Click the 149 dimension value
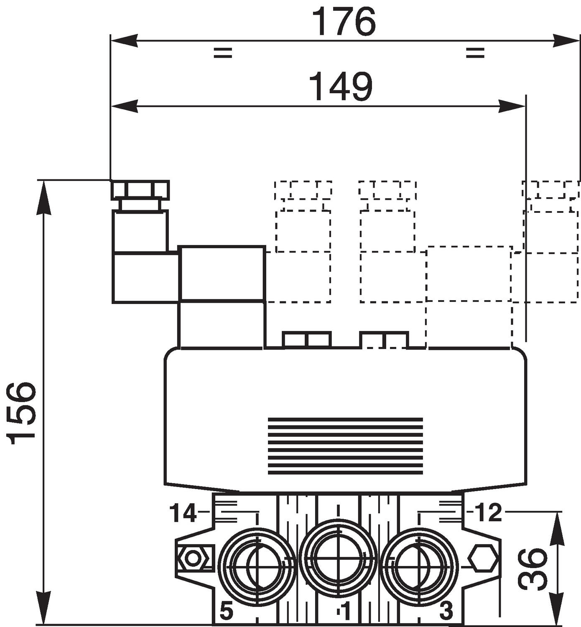pos(341,87)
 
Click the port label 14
pos(183,513)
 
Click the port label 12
pos(488,513)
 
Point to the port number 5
pos(226,612)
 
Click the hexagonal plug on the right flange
pos(483,558)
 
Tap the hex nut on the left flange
pos(193,558)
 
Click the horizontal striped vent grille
pos(345,446)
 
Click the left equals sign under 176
pos(222,53)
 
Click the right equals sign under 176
pos(475,53)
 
